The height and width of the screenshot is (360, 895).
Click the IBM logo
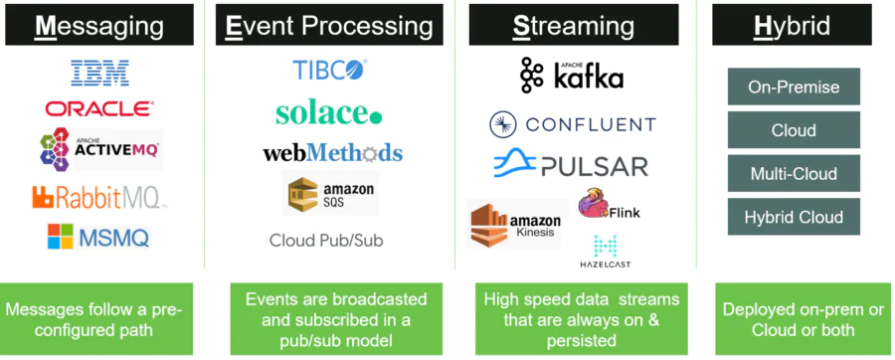[x=99, y=72]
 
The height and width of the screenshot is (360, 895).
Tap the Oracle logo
[x=98, y=108]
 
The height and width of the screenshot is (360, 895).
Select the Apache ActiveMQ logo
[x=99, y=149]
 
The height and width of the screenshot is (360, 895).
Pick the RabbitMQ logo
[x=98, y=197]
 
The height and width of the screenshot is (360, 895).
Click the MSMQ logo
[x=98, y=237]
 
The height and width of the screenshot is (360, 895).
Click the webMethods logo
[x=332, y=153]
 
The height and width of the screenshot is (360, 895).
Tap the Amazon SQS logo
[x=330, y=194]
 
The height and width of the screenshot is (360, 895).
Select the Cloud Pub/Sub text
[x=325, y=241]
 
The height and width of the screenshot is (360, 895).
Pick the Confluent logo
[x=572, y=124]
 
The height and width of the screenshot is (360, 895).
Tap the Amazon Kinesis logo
[x=516, y=223]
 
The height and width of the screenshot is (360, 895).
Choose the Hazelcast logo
[x=605, y=251]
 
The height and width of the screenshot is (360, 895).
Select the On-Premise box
[x=794, y=88]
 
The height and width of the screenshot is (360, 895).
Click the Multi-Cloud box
[x=794, y=174]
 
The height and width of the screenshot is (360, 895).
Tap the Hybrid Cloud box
[x=794, y=217]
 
